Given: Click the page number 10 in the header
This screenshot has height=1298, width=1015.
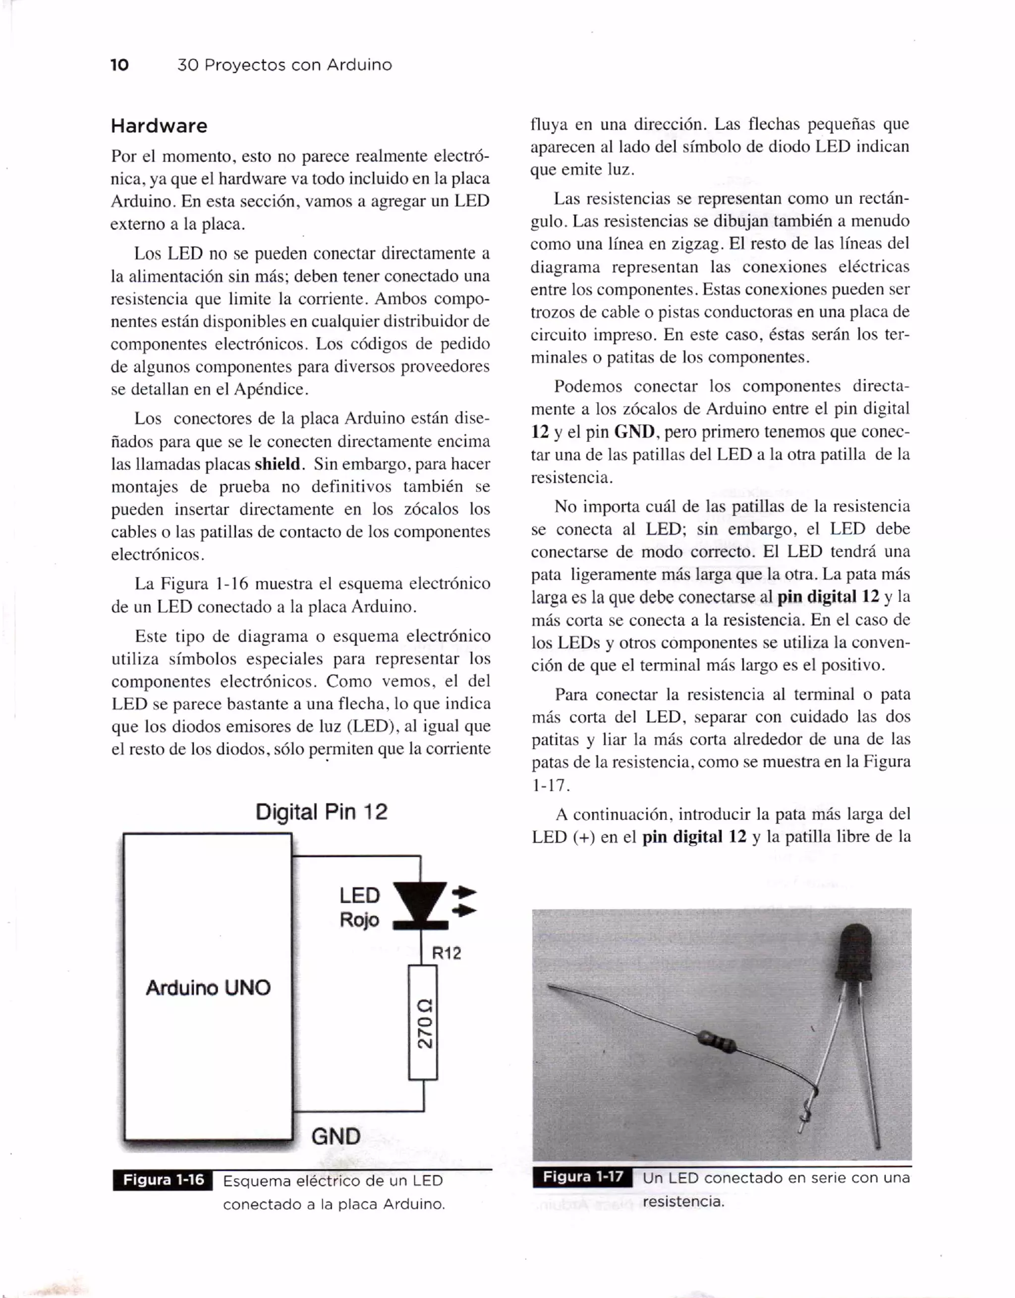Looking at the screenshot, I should pos(119,65).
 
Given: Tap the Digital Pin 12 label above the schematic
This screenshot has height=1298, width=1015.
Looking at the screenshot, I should pos(321,812).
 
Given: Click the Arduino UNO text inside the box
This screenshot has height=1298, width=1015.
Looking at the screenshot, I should pos(208,988).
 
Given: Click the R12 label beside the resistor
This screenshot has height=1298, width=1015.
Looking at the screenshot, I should pos(446,953).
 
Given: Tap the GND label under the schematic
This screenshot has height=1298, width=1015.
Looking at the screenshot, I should pos(336,1137).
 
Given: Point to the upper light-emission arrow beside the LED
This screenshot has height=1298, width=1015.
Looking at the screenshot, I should pos(465,891).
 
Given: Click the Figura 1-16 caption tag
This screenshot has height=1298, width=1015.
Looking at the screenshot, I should pos(163,1180).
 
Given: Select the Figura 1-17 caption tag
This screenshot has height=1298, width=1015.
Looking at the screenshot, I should pos(583,1176).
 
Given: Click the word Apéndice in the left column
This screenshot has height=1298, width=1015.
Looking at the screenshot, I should pos(271,389).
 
